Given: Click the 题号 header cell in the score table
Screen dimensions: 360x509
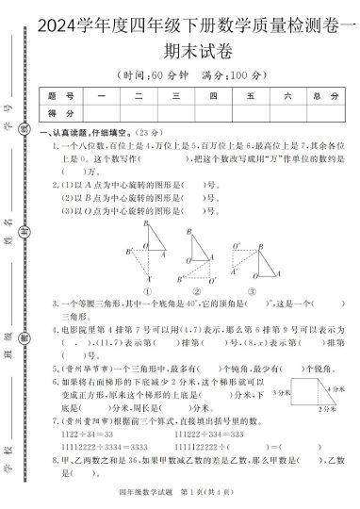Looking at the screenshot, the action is [53, 96].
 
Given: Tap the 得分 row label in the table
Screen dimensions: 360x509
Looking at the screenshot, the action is [53, 113].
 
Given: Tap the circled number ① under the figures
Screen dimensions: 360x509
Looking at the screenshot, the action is [150, 291].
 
